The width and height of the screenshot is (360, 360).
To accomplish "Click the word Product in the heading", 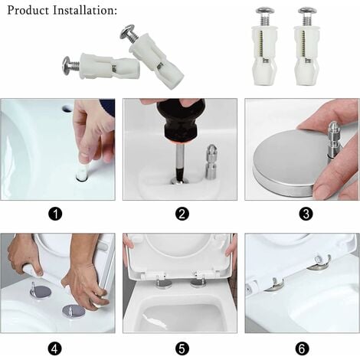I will (x=30, y=11).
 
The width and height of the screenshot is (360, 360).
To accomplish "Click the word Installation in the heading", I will (x=88, y=11).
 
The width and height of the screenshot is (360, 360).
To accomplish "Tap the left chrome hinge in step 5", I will (x=163, y=283).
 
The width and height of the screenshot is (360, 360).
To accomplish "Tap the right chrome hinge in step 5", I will (x=198, y=283).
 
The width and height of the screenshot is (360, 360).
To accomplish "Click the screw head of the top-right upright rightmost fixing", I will (x=307, y=13).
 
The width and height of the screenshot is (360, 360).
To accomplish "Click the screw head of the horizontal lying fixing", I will (x=70, y=65).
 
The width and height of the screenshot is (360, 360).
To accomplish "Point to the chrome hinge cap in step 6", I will (x=318, y=265).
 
